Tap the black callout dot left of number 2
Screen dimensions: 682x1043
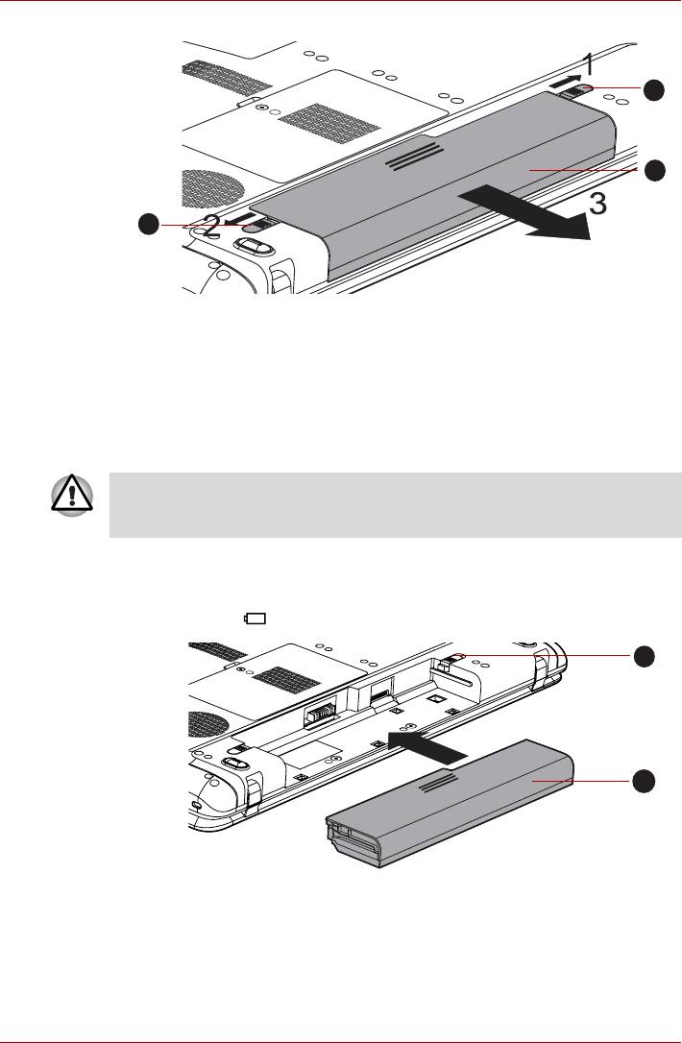click(147, 226)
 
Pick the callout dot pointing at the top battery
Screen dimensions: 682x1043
click(653, 171)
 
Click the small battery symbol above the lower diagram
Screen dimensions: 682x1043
click(256, 619)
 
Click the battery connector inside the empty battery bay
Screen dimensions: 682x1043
click(321, 716)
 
